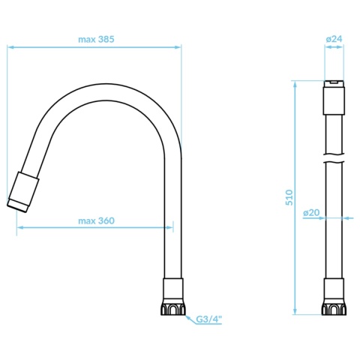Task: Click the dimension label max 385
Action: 96,39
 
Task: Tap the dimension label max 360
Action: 96,220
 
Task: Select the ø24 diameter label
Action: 334,39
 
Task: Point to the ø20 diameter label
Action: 311,212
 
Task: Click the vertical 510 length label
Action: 289,197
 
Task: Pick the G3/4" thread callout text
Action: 209,319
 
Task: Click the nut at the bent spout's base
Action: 172,310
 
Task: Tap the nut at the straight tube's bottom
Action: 334,310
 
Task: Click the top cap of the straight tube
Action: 334,97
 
